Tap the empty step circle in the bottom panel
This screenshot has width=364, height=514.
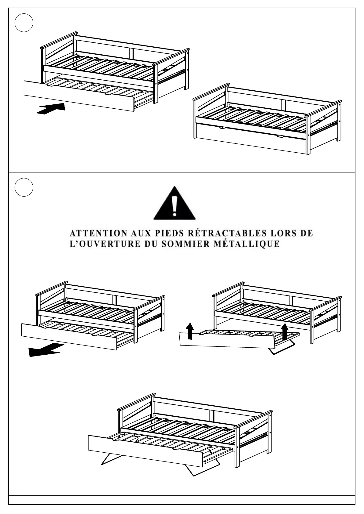[x=24, y=187]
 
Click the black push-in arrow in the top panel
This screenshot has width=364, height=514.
[x=51, y=109]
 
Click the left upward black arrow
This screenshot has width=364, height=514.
[x=190, y=331]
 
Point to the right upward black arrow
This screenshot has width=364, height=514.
[x=285, y=332]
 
